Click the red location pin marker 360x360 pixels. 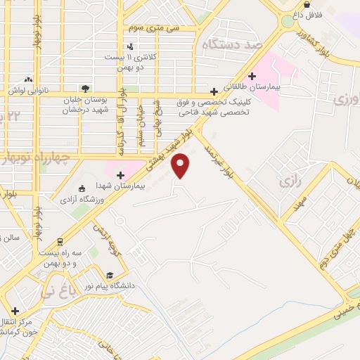(181, 166)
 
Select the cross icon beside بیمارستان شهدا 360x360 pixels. (120, 174)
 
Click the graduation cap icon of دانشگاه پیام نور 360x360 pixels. (110, 276)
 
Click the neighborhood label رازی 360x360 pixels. (290, 182)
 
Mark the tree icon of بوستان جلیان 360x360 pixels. (85, 89)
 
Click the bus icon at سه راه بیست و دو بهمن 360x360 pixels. (60, 241)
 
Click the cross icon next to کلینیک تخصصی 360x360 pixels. (214, 91)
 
